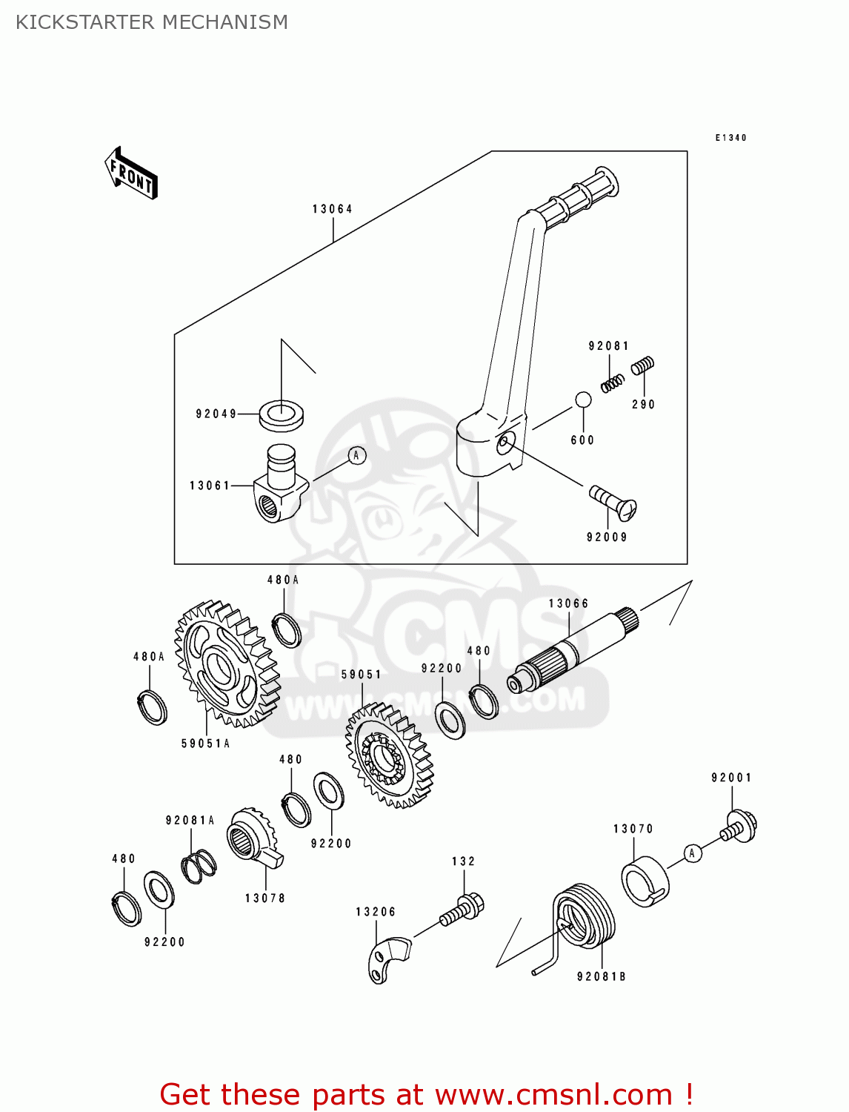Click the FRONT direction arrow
coord(131,173)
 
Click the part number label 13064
coord(332,209)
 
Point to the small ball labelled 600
coord(583,400)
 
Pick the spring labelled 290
coord(642,365)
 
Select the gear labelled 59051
coord(390,756)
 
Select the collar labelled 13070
coord(644,881)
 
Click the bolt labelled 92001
coord(739,827)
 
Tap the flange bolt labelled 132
coord(462,910)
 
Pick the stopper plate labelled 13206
coord(387,959)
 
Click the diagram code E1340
coord(730,138)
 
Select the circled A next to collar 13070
coord(692,853)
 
